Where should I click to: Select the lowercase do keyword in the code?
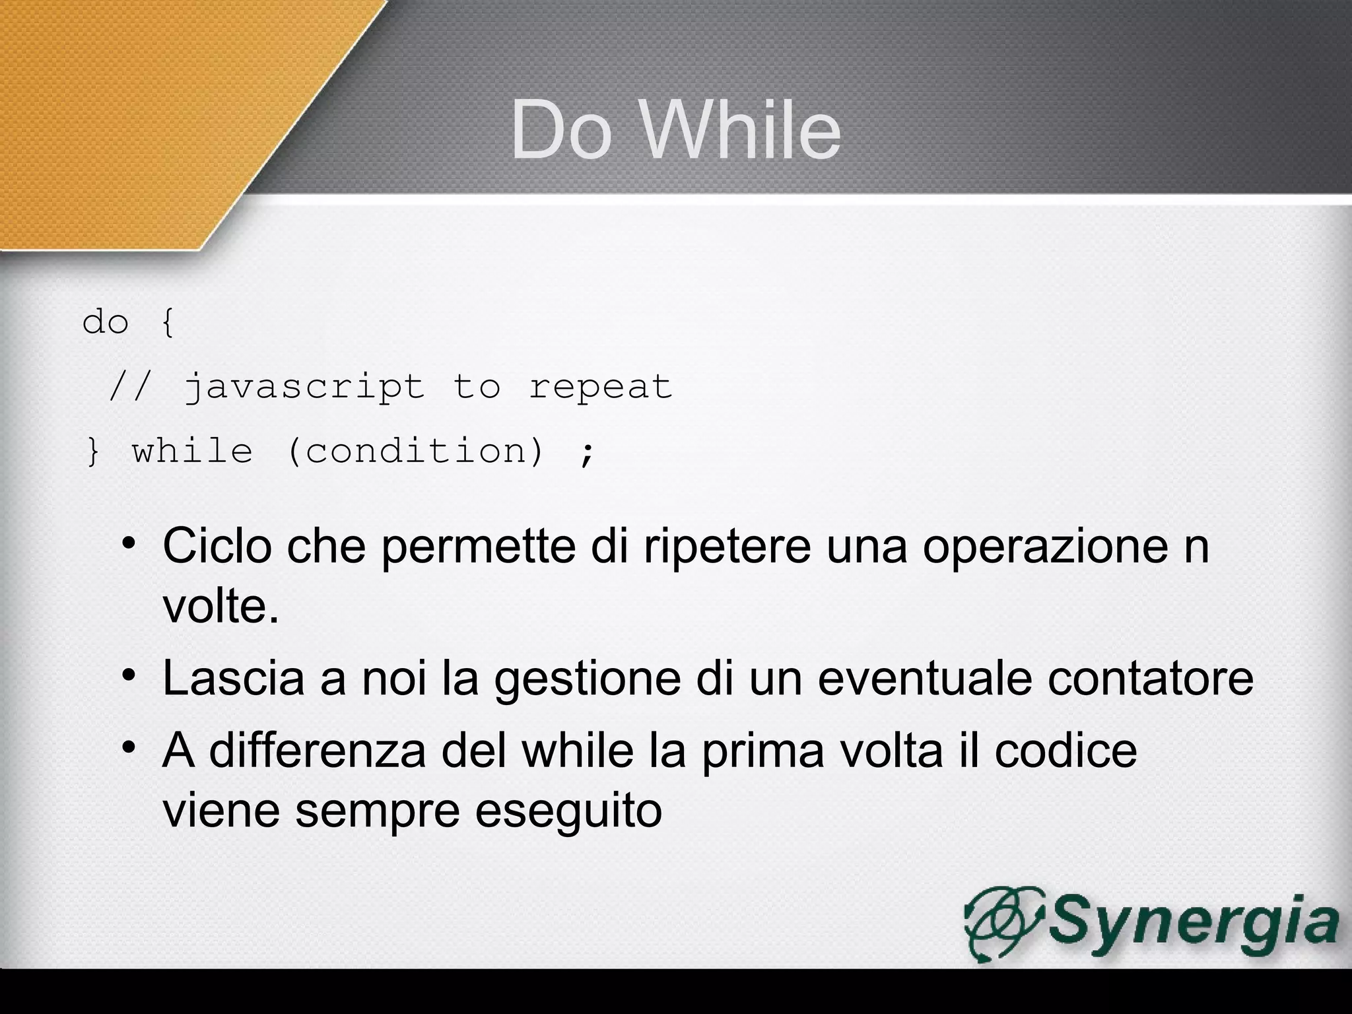click(x=105, y=323)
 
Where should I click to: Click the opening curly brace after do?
click(x=168, y=323)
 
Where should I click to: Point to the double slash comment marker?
click(x=130, y=386)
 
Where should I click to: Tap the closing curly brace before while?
click(x=93, y=452)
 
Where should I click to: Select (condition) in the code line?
click(x=416, y=452)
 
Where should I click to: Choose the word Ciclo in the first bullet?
click(x=217, y=546)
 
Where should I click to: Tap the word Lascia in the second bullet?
click(x=234, y=678)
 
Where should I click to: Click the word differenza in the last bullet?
click(x=317, y=751)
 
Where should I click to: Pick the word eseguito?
click(x=568, y=810)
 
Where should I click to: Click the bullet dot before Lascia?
click(x=128, y=676)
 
